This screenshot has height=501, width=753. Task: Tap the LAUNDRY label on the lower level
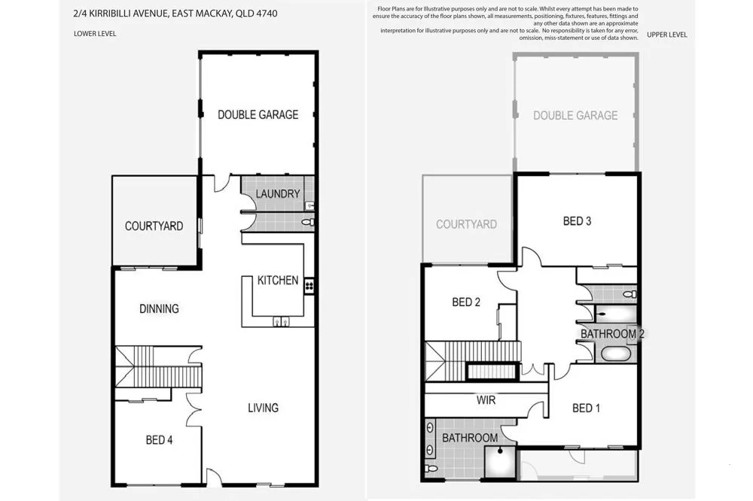coord(278,194)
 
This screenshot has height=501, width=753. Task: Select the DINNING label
coord(159,308)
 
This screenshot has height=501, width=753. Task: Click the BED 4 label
coord(159,440)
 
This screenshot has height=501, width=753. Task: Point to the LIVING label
coord(263,408)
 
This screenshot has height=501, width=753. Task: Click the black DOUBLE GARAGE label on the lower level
coord(258,114)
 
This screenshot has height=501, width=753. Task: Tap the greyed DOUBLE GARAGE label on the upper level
coord(575,115)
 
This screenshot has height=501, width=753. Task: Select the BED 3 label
coord(578,221)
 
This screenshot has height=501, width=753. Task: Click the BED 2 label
coord(466,302)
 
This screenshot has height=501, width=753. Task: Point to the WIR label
coord(486,400)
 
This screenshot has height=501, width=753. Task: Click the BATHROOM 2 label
coord(611,333)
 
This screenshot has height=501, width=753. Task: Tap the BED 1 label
coord(587,408)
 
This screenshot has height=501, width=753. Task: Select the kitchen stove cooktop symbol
coord(309,285)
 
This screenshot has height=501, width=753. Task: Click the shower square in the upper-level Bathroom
coord(498,461)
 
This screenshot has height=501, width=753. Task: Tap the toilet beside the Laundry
coord(306,222)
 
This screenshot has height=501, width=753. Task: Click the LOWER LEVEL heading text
coord(95,34)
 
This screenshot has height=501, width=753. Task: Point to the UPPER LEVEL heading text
coord(666,35)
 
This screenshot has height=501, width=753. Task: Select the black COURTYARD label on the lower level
coord(154,226)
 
